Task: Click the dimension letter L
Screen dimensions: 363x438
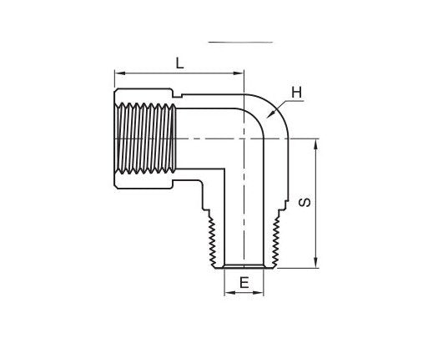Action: click(x=179, y=61)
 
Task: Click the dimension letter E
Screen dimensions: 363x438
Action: click(x=244, y=283)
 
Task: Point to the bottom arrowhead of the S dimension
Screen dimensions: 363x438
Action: click(x=316, y=265)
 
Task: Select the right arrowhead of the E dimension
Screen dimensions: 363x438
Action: click(x=262, y=293)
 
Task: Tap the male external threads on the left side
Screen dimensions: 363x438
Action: click(x=212, y=238)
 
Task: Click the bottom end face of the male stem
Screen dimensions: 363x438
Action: click(x=244, y=268)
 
